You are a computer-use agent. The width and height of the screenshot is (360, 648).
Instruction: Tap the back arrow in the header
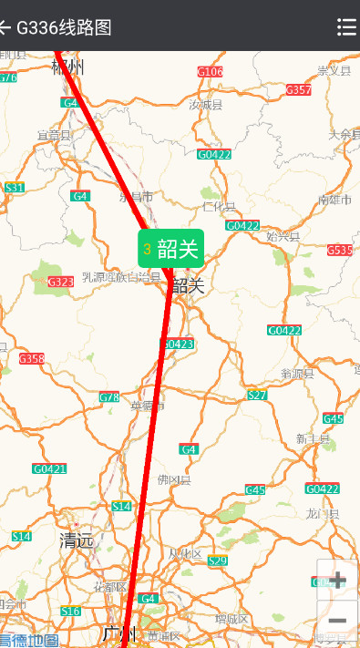pos(5,26)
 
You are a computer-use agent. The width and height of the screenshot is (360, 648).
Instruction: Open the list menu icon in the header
pos(346,26)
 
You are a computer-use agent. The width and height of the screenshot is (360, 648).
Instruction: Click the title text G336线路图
pos(64,26)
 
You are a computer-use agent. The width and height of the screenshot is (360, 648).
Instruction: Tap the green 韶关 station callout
pos(170,249)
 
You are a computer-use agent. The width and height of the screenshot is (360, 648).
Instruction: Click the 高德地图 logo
pos(28,640)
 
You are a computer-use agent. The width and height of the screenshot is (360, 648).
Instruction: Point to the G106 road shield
pos(211,71)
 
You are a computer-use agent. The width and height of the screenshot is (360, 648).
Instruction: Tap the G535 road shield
pos(340,250)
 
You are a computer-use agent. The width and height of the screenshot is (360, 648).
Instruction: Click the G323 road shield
pos(60,283)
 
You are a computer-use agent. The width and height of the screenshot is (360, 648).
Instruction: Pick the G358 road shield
pos(31,358)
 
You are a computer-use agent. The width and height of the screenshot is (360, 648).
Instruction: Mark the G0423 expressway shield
pos(178,344)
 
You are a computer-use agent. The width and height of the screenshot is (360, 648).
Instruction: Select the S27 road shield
pos(257,395)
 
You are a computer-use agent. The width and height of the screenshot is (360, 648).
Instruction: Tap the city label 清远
pos(77,540)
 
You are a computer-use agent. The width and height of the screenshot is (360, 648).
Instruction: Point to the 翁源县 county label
pos(297,373)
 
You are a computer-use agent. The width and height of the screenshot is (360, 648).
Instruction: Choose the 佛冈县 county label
pos(173,479)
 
